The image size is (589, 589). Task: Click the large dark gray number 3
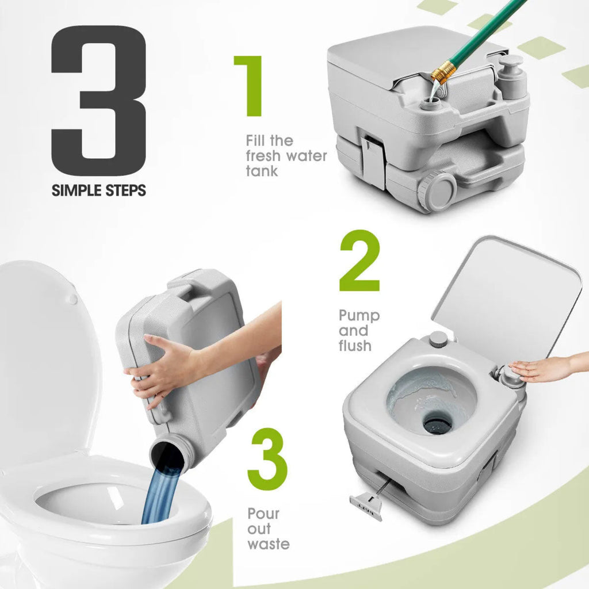click(x=98, y=100)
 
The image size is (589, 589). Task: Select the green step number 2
click(x=359, y=261)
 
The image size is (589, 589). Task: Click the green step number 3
click(x=267, y=458)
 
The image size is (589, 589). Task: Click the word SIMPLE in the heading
click(x=77, y=190)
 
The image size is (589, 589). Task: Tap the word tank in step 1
click(x=262, y=171)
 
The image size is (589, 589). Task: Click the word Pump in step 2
click(x=359, y=316)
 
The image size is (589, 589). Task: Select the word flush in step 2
click(x=355, y=346)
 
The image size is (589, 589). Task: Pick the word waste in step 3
click(x=269, y=544)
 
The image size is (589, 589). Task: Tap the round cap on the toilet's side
click(x=437, y=190)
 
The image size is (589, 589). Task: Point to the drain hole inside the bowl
click(x=438, y=423)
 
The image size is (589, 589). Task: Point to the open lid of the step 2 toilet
click(x=507, y=297)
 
